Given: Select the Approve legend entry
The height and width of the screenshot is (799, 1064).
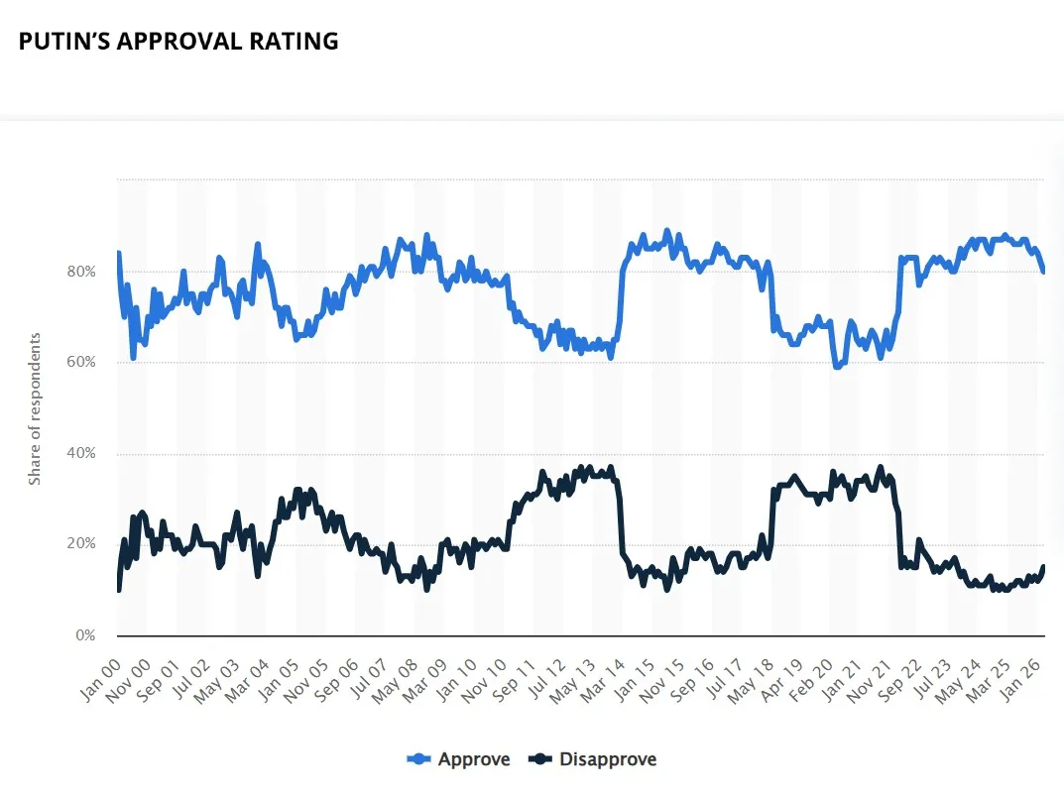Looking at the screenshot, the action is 458,759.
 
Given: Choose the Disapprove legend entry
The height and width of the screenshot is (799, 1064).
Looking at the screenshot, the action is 592,759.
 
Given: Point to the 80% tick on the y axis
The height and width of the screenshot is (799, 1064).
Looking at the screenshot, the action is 80,272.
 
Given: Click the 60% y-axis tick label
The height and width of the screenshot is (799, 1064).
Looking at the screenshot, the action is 80,362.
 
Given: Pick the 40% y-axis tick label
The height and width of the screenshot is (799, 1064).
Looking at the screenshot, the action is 80,453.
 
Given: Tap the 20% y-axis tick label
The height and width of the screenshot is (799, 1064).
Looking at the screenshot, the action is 80,544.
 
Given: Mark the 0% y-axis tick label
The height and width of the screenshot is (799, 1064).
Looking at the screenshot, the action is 85,635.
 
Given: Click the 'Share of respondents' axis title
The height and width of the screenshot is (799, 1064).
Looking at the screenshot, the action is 35,409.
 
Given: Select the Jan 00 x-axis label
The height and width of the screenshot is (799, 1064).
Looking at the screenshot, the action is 100,680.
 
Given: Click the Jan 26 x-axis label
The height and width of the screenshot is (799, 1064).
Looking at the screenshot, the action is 1020,680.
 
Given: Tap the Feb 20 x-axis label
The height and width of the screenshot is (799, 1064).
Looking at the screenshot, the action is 811,680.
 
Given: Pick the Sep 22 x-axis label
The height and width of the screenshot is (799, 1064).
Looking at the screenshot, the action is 899,680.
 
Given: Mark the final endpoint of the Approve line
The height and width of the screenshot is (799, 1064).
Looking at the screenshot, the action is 1043,272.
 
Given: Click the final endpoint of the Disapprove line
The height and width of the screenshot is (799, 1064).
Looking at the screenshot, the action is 1043,566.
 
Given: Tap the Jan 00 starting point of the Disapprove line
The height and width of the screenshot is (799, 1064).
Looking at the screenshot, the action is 119,590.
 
